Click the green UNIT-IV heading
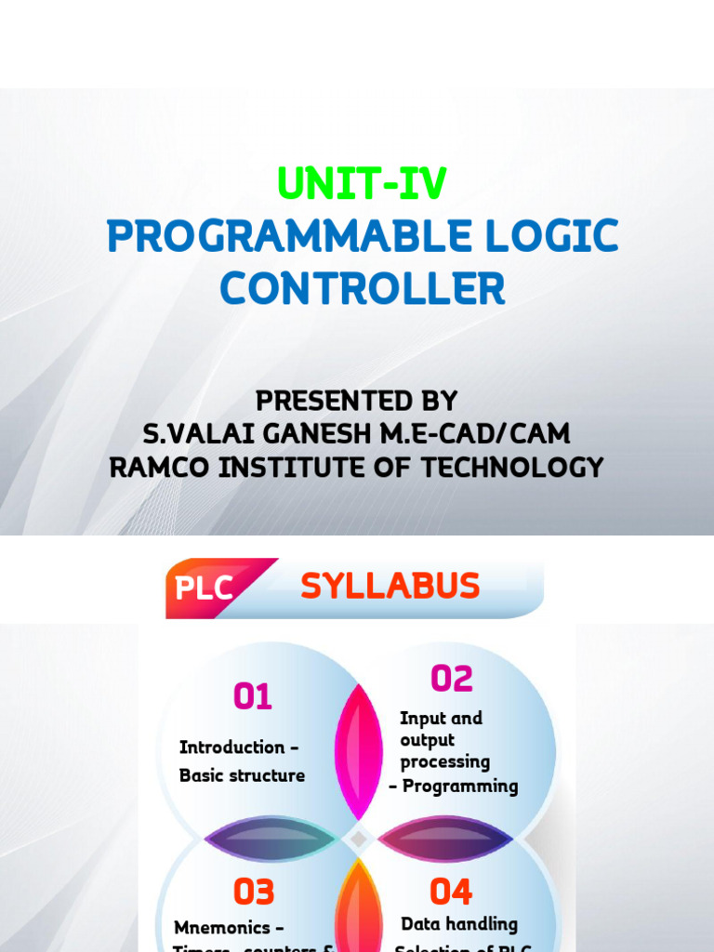[x=363, y=185]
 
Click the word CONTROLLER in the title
[x=363, y=289]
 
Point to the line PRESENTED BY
[x=357, y=402]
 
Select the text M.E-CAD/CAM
[x=490, y=434]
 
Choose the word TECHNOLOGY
[x=513, y=467]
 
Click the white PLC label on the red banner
[x=204, y=588]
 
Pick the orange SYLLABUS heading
[x=390, y=586]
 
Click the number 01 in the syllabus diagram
[x=253, y=696]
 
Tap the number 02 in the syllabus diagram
[x=452, y=680]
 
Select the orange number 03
[x=254, y=892]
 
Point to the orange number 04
[x=451, y=892]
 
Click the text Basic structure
[x=242, y=775]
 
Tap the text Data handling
[x=459, y=924]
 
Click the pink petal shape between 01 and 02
[x=358, y=751]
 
